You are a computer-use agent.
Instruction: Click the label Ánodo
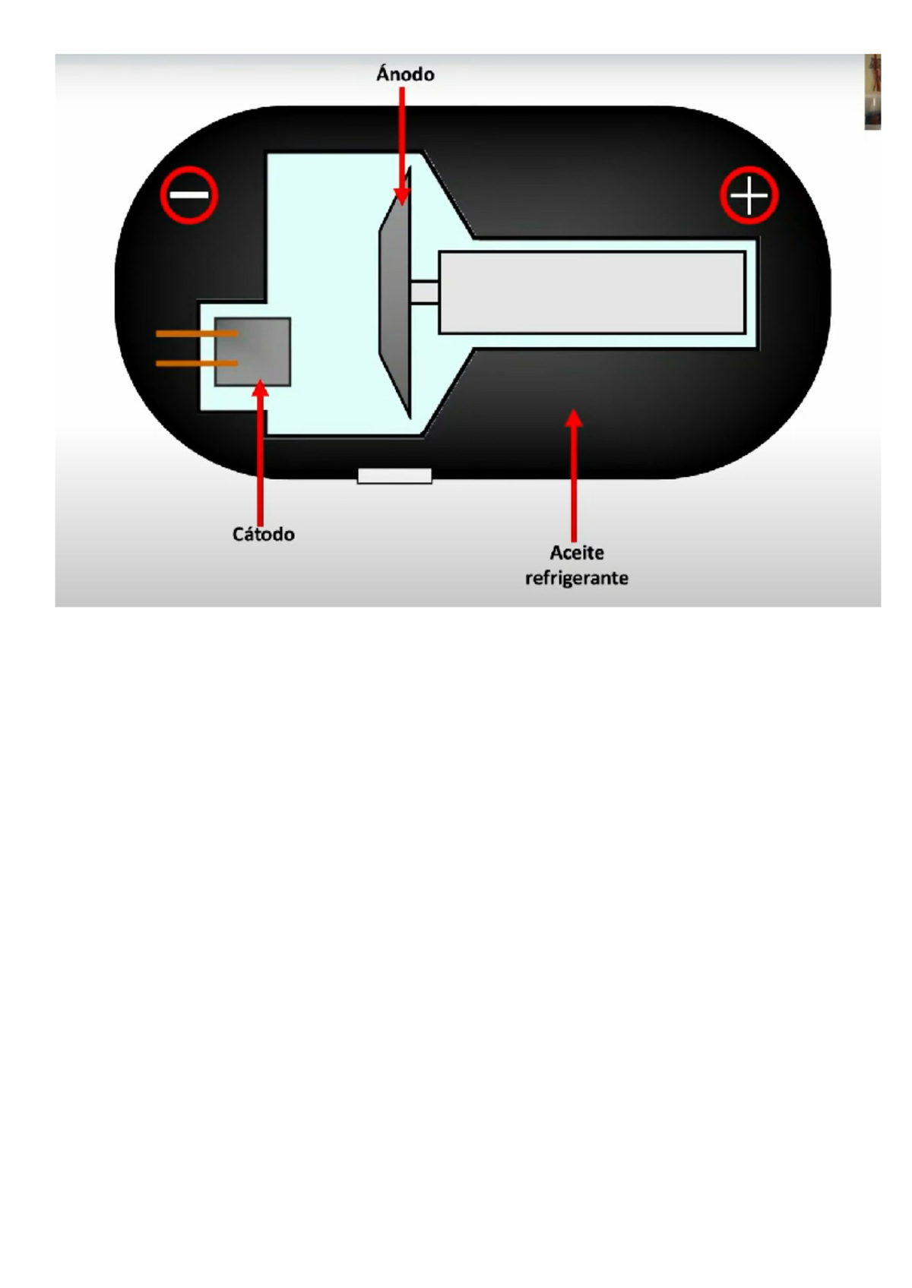405,74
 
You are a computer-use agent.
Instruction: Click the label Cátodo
264,534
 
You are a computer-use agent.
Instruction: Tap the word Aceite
577,553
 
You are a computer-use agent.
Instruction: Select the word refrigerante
577,578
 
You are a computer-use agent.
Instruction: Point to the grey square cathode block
252,352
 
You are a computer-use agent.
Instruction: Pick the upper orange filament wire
197,333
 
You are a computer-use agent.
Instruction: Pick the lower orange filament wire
197,364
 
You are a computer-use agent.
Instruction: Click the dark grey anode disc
395,292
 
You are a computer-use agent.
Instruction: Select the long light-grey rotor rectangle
592,292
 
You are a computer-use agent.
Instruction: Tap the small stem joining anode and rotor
425,292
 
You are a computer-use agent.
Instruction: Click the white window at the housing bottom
394,476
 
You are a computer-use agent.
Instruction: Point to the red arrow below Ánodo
401,146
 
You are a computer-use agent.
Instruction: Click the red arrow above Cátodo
261,453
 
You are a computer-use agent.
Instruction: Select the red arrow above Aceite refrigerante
573,475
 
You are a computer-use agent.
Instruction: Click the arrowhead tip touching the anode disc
401,205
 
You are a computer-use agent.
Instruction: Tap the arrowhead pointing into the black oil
573,409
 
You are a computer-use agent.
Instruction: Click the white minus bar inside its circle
189,195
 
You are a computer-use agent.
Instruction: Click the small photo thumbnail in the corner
872,92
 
